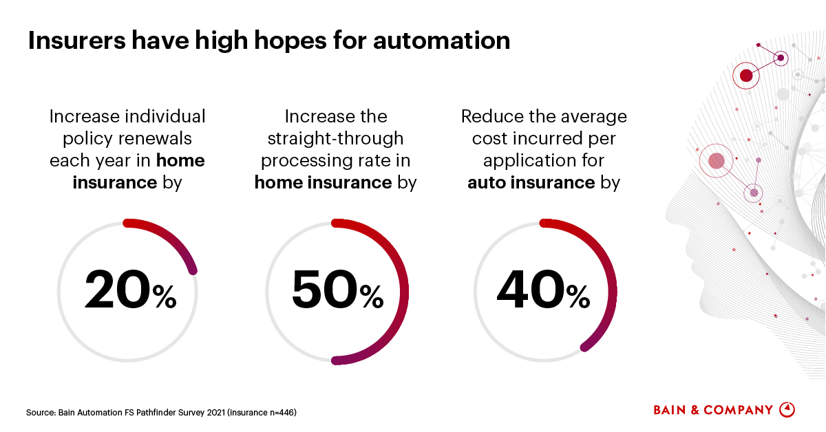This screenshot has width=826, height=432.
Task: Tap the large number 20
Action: [117, 290]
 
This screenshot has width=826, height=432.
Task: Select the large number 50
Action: [324, 290]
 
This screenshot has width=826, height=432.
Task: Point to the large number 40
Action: [530, 290]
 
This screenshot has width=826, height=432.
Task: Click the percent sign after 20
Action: [165, 297]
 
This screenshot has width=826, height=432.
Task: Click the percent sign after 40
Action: [578, 297]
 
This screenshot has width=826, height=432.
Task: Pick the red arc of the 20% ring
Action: [172, 238]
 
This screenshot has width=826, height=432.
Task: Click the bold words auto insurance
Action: [531, 183]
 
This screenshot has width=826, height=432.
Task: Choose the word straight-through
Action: [336, 138]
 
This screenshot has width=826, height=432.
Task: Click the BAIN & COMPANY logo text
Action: [713, 410]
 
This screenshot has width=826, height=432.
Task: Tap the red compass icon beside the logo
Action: [787, 409]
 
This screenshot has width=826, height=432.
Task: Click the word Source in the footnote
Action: [40, 413]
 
